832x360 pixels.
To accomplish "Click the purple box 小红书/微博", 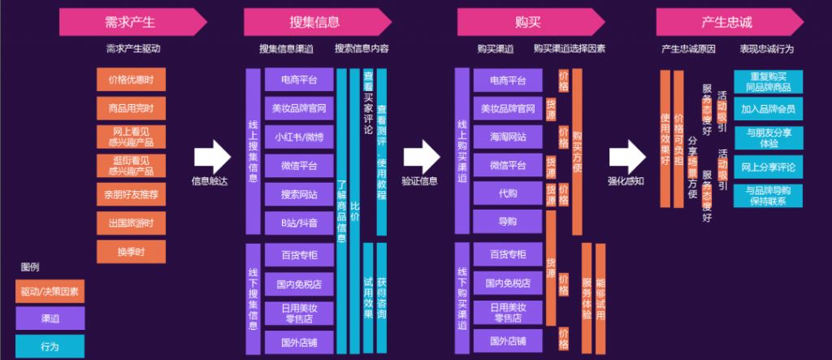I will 299,137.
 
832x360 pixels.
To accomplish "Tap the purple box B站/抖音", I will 299,223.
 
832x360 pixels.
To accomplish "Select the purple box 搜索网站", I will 299,194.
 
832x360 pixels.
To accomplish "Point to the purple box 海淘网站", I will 508,137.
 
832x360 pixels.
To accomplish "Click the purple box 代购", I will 508,194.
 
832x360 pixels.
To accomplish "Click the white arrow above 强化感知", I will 626,154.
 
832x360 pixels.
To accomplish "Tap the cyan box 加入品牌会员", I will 768,108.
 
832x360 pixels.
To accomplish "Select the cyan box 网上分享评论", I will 768,167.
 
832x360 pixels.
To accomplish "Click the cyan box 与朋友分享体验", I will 768,137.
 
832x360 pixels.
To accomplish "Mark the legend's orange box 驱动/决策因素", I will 50,291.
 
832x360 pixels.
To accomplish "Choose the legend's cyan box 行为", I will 50,345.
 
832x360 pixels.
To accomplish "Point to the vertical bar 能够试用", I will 600,297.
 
